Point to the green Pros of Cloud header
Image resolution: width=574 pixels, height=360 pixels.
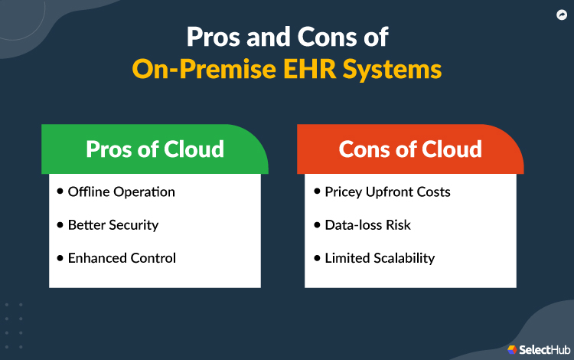coord(155,148)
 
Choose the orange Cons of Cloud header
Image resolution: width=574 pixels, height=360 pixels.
coord(410,148)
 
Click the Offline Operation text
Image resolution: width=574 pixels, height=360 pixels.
coord(121,191)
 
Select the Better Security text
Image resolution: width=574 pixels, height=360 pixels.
coord(113,224)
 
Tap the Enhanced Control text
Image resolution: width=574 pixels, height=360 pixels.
coord(122,258)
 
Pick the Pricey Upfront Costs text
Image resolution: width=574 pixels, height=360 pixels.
coord(386,191)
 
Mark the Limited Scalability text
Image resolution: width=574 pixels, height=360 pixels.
coord(379,258)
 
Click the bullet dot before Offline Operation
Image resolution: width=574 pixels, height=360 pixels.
coord(60,191)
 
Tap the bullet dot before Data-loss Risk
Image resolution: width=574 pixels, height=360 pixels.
coord(317,224)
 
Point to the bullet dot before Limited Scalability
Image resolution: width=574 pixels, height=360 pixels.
coord(317,257)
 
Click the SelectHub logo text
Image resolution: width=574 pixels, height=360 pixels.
coord(543,349)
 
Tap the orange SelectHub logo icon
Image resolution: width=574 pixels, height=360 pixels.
coord(511,349)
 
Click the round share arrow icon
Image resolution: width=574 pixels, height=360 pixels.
coord(560,15)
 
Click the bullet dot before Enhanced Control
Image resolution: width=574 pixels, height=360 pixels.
coord(60,257)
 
